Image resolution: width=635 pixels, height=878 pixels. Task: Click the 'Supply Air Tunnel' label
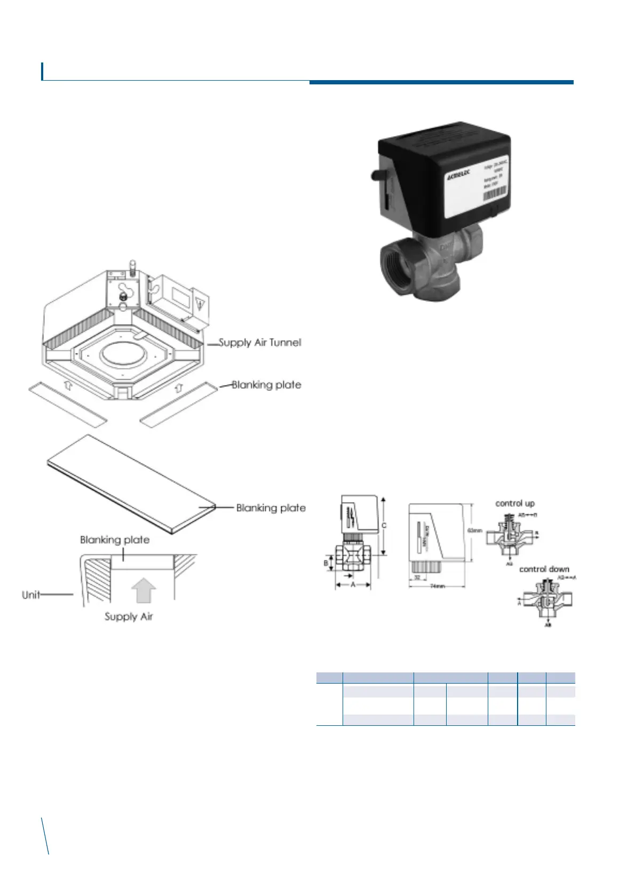click(x=260, y=343)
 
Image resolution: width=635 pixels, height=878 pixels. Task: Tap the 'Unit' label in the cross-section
click(x=31, y=594)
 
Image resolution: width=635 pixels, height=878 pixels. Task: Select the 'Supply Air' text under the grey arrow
click(x=129, y=617)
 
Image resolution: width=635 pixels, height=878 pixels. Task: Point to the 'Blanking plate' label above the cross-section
click(x=115, y=540)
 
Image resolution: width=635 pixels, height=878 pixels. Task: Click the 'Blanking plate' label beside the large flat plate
click(x=271, y=508)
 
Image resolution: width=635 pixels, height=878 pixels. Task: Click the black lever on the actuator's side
click(x=374, y=175)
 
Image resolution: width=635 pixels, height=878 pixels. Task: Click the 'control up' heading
click(x=515, y=503)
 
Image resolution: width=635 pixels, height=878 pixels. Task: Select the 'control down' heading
click(x=544, y=569)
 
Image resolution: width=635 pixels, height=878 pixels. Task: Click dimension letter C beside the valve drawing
click(x=384, y=526)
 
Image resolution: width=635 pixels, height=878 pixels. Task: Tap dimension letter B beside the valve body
click(x=326, y=562)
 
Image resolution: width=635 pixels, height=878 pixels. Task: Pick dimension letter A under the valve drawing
click(x=353, y=585)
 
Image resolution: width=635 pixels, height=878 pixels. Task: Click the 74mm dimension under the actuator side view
click(x=438, y=586)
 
